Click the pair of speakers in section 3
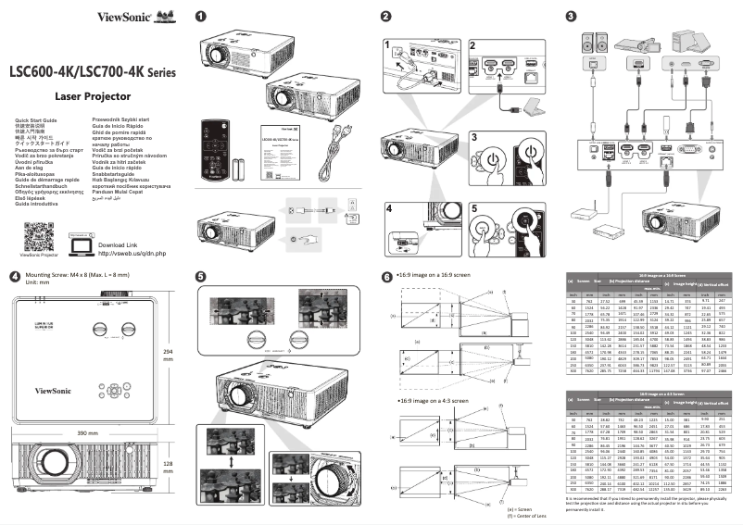pos(592,43)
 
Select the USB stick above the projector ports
pos(665,123)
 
